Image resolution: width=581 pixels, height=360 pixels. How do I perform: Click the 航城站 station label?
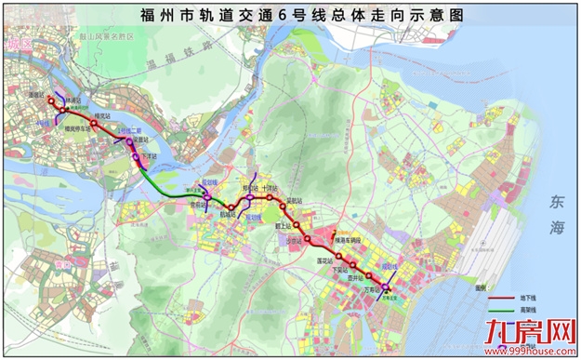point(228,216)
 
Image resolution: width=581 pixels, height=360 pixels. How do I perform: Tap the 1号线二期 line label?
point(127,131)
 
